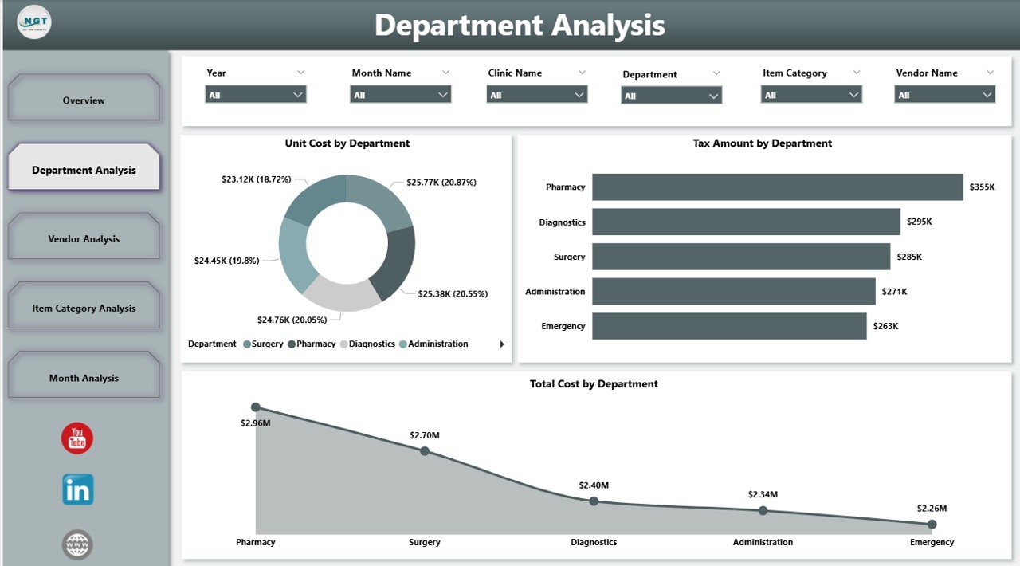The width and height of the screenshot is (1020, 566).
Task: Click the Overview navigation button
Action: [84, 100]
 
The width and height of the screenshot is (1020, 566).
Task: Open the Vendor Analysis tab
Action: [84, 238]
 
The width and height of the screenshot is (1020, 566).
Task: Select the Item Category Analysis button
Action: [84, 308]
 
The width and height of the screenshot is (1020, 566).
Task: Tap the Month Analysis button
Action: [84, 378]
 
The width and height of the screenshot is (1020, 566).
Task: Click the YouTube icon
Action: [77, 438]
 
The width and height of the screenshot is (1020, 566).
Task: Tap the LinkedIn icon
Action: [78, 489]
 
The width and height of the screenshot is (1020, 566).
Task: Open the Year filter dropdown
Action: [255, 95]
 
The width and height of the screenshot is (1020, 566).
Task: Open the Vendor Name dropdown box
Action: [944, 95]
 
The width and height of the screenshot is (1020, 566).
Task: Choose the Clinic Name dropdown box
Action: [536, 95]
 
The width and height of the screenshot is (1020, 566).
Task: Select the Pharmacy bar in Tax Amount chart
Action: [777, 187]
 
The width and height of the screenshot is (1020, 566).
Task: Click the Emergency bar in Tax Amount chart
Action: [729, 326]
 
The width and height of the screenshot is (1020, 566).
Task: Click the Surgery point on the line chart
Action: [425, 451]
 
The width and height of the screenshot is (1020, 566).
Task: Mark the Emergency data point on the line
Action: [932, 525]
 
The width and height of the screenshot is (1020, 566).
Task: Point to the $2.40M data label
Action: [594, 485]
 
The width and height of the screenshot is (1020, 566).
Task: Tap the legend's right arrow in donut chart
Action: [502, 344]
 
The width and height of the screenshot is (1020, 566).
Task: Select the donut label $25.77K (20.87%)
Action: [441, 183]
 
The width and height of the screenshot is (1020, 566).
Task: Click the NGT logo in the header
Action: [34, 22]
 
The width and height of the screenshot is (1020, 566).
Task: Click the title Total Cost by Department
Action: [594, 384]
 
